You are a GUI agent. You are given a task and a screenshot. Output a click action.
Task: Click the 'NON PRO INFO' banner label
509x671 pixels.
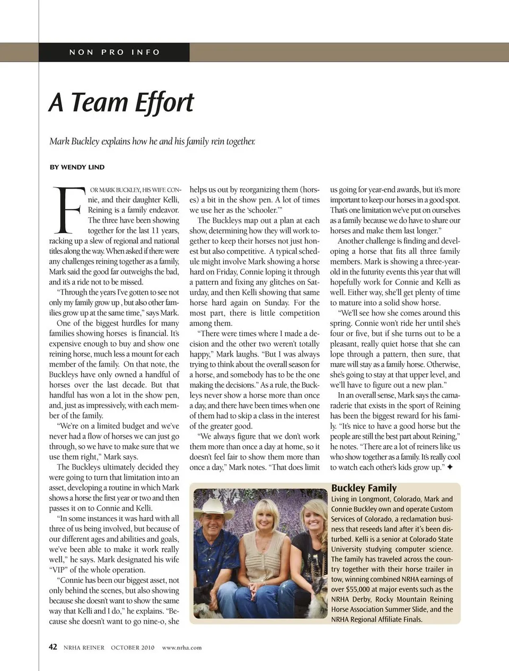(x=115, y=52)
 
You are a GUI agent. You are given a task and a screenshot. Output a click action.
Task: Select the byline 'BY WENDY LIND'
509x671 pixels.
(x=77, y=167)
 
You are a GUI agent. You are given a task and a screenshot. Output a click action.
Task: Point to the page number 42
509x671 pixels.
(x=53, y=647)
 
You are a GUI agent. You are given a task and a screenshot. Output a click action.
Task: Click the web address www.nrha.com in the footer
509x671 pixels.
(x=182, y=647)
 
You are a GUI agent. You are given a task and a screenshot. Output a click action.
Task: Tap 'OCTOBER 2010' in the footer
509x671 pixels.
(x=133, y=647)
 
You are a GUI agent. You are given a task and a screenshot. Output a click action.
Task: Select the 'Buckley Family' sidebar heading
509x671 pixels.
(x=364, y=488)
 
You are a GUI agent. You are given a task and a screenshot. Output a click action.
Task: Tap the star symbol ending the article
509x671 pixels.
(x=450, y=467)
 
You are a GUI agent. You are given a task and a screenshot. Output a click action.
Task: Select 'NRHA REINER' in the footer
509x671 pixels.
(x=84, y=647)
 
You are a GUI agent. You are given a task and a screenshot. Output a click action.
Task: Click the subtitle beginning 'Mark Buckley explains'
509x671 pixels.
(x=152, y=142)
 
